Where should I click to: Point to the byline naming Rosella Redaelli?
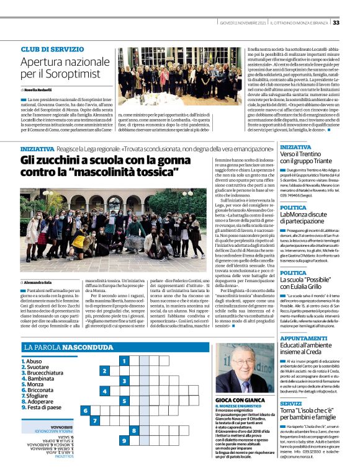click(45, 91)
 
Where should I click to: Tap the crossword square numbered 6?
click(84, 411)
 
